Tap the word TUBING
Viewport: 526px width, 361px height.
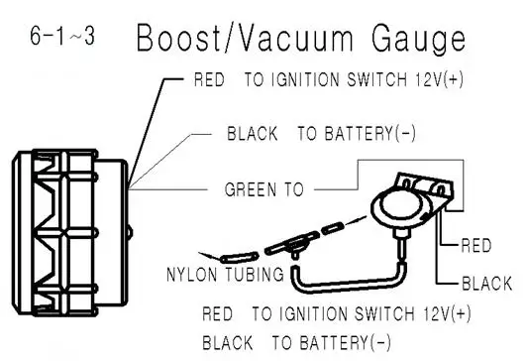click(x=250, y=273)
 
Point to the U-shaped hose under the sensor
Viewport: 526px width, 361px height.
click(x=347, y=278)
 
